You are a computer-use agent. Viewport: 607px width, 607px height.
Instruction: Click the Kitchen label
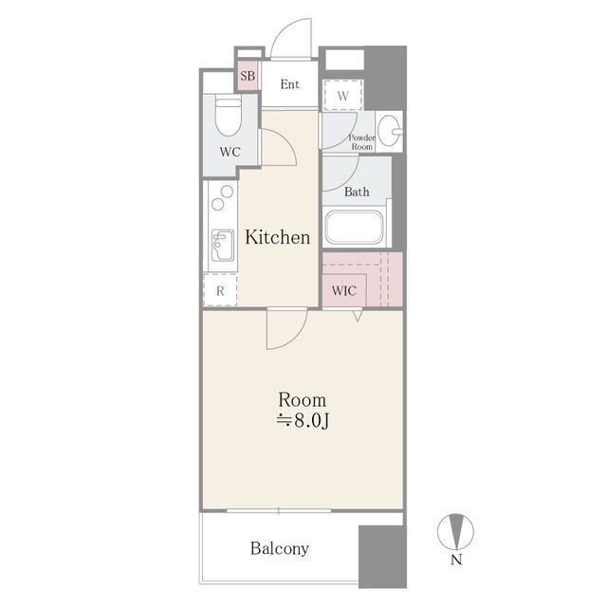(278, 237)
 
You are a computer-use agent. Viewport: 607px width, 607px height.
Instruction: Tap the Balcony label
(280, 548)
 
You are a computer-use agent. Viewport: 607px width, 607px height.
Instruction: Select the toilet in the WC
(228, 118)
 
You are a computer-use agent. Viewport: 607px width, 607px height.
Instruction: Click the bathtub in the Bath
(354, 228)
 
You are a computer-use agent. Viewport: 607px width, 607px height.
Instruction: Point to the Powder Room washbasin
(390, 131)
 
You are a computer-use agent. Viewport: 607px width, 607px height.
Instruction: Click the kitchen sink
(223, 246)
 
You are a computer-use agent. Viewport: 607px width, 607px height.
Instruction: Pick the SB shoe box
(248, 76)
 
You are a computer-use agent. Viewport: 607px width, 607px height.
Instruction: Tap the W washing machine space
(343, 95)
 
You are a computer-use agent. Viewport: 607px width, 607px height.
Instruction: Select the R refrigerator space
(220, 290)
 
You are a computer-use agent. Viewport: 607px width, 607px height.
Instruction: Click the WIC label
(343, 290)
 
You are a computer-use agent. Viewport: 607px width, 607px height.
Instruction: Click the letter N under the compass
(456, 560)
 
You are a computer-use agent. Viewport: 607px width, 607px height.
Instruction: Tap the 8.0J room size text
(303, 421)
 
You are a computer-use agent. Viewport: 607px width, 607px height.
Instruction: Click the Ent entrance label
(289, 84)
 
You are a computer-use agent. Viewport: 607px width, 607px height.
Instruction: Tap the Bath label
(357, 192)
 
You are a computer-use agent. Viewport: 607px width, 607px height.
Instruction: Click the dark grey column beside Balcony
(382, 557)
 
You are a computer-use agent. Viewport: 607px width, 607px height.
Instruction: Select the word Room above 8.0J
(303, 400)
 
